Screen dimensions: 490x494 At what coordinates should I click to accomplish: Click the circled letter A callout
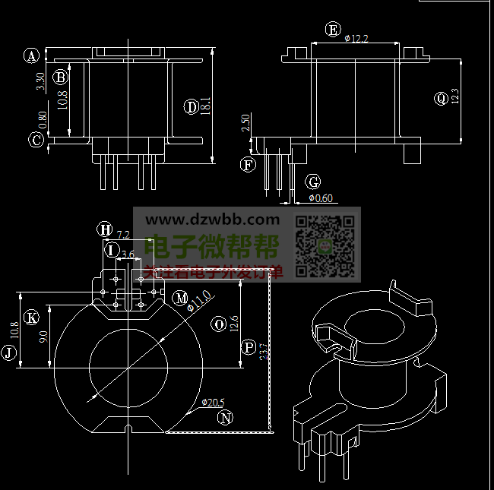(31, 55)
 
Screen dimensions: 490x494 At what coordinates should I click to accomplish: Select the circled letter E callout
(332, 30)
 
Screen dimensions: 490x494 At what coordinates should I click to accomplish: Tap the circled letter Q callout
(442, 98)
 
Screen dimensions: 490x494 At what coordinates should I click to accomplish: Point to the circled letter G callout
(312, 182)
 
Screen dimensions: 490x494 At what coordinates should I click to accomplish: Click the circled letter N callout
(225, 417)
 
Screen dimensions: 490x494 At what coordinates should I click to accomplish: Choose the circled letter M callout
(180, 298)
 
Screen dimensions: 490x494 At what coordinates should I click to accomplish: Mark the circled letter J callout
(9, 352)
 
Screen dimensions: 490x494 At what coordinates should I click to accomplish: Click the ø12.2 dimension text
(356, 38)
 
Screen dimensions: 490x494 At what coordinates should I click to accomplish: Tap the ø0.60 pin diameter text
(321, 198)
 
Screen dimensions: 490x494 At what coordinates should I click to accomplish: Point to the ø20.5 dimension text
(214, 402)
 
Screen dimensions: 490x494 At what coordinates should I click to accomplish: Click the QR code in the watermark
(325, 245)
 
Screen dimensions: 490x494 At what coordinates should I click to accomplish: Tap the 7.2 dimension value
(123, 235)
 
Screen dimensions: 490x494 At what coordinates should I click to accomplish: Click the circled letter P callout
(248, 348)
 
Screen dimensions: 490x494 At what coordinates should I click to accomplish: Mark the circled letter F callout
(248, 164)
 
